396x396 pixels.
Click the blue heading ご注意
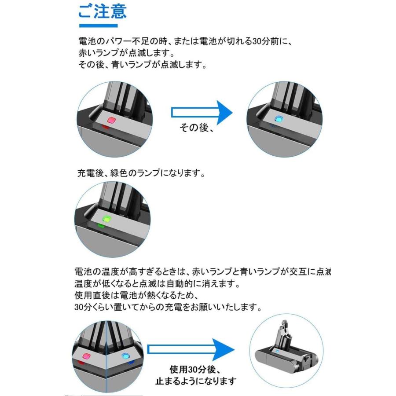pyautogui.click(x=102, y=12)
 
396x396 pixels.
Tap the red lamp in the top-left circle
pyautogui.click(x=111, y=120)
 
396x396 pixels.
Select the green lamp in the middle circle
pyautogui.click(x=106, y=219)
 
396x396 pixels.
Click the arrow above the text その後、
pyautogui.click(x=201, y=112)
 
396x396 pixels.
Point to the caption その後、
pyautogui.click(x=197, y=128)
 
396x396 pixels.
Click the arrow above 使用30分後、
pyautogui.click(x=189, y=349)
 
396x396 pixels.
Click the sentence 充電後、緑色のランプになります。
pyautogui.click(x=142, y=173)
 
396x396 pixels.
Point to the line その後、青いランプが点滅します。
pyautogui.click(x=142, y=65)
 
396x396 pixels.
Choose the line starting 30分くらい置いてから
pyautogui.click(x=169, y=307)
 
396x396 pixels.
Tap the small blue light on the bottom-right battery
pyautogui.click(x=277, y=352)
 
